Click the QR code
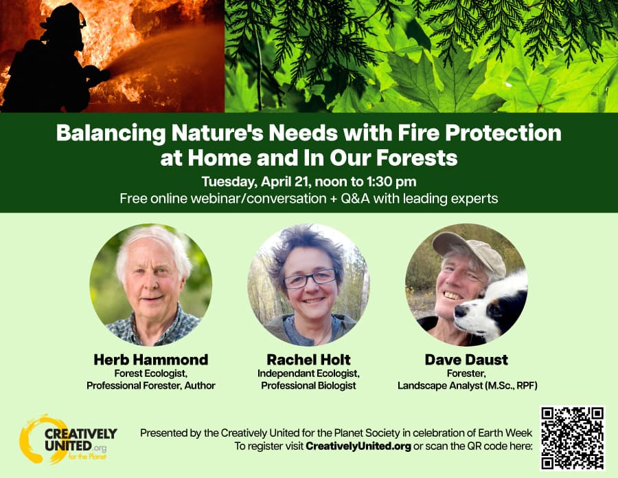point(572,438)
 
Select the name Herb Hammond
point(150,360)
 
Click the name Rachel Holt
point(308,360)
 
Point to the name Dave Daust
point(467,360)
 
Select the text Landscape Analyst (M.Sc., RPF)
point(467,386)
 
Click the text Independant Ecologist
point(308,373)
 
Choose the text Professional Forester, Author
point(150,386)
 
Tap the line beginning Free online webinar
point(308,199)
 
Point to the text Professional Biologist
point(308,386)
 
